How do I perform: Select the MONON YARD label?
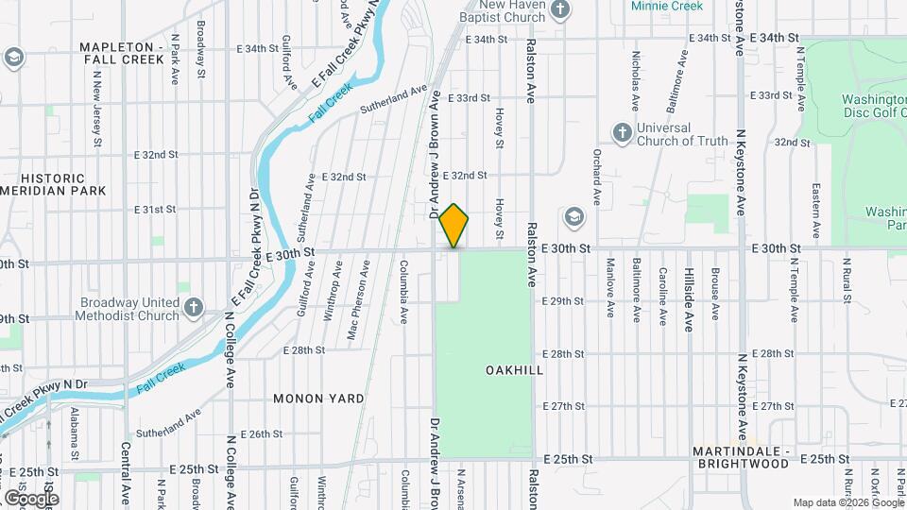[x=318, y=399]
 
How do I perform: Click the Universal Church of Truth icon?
[x=622, y=132]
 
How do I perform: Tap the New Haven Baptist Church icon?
[x=560, y=9]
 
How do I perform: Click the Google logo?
[x=30, y=498]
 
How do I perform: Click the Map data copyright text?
[x=847, y=501]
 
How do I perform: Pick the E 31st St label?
[x=156, y=209]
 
